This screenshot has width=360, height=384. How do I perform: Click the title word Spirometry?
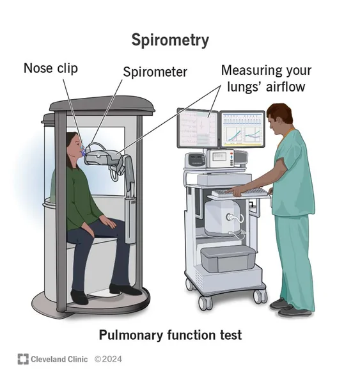tap(170, 40)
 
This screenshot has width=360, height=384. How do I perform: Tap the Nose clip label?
tap(51, 68)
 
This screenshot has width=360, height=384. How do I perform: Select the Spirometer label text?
tap(155, 72)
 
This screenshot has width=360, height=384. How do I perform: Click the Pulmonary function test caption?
tap(170, 335)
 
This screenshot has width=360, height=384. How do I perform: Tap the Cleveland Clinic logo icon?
tap(23, 359)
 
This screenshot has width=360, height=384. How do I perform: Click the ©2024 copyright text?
tap(108, 359)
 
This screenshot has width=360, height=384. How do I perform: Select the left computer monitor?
tap(198, 128)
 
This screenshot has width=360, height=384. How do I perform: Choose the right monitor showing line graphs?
tap(242, 129)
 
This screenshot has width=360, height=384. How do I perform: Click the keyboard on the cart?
tap(240, 193)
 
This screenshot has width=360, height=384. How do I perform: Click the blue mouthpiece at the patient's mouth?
tap(83, 152)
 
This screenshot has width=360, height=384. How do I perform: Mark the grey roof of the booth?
tap(102, 106)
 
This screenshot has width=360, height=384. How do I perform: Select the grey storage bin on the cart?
tap(228, 259)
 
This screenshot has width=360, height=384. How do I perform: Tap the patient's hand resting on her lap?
tap(108, 221)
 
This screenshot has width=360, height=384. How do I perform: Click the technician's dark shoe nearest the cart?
tap(279, 303)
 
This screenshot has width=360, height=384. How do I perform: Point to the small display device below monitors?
tap(220, 159)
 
